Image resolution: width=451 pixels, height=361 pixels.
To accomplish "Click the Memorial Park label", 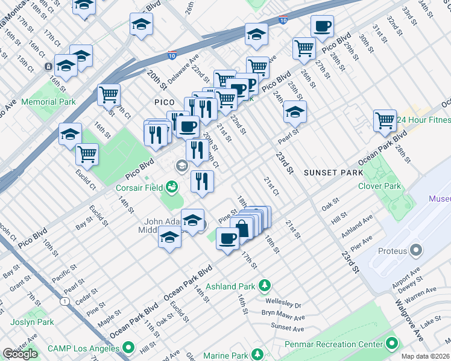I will [48, 102].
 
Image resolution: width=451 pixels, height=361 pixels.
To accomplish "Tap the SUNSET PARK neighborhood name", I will [333, 173].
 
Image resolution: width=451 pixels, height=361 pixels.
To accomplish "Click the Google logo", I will [20, 354].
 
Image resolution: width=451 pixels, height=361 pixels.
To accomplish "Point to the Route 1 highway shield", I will [64, 301].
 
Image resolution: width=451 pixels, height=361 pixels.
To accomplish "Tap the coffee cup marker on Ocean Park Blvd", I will [227, 239].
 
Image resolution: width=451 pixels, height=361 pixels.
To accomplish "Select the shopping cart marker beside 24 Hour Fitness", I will [384, 120].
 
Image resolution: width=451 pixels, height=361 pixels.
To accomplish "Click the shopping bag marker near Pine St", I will [242, 229].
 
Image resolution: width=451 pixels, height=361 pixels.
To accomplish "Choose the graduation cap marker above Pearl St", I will [294, 113].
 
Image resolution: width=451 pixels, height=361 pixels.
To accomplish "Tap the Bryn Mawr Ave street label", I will [283, 315].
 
